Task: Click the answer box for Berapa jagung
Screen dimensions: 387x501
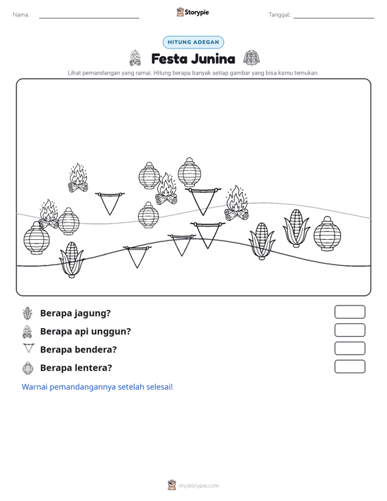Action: coord(349,312)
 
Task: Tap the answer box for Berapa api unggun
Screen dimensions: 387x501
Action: coord(349,330)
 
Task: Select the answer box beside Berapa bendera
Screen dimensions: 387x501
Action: coord(349,349)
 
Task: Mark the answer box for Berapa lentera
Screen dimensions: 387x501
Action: coord(349,366)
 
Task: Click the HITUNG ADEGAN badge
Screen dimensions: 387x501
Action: coord(193,42)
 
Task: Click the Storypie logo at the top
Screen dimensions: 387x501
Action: coord(193,12)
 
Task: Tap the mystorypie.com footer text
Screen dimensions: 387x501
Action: coord(199,486)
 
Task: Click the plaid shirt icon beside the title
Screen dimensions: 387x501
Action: coord(252,58)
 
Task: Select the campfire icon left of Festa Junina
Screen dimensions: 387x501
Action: coord(135,58)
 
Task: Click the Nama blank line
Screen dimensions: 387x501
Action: coord(89,18)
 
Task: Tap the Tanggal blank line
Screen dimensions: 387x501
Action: coord(334,18)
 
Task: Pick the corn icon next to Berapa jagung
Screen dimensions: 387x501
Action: coord(28,313)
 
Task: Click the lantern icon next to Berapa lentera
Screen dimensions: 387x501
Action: coord(28,368)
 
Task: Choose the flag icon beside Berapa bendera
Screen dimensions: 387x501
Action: coord(29,348)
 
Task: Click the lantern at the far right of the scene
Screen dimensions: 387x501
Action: coord(328,234)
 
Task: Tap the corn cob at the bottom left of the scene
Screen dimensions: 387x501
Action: coord(72,260)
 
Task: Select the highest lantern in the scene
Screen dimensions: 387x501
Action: coord(189,172)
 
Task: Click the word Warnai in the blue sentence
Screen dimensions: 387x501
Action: coord(34,387)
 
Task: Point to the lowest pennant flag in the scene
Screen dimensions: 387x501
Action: coord(137,256)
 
